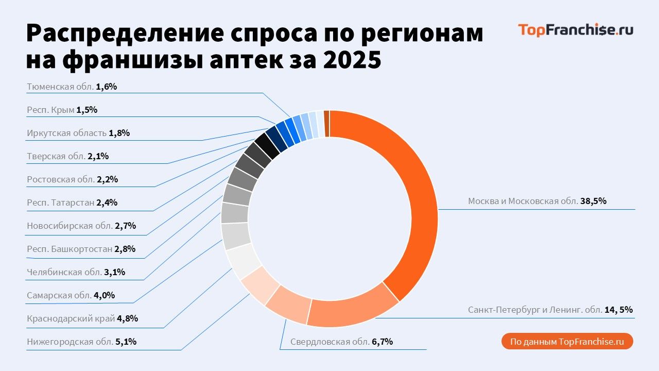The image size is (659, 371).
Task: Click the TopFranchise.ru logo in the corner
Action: [575, 30]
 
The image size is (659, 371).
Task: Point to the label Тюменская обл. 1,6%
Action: [72, 87]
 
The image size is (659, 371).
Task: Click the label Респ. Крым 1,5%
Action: [62, 110]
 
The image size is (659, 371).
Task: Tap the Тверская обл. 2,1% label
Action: [67, 156]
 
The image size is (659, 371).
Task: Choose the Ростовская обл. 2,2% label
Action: [73, 179]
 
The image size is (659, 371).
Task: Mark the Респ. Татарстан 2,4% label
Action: [72, 203]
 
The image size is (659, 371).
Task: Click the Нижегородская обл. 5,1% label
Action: [81, 342]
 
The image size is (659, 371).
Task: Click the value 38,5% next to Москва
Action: [594, 201]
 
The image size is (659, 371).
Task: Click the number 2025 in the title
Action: [353, 60]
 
